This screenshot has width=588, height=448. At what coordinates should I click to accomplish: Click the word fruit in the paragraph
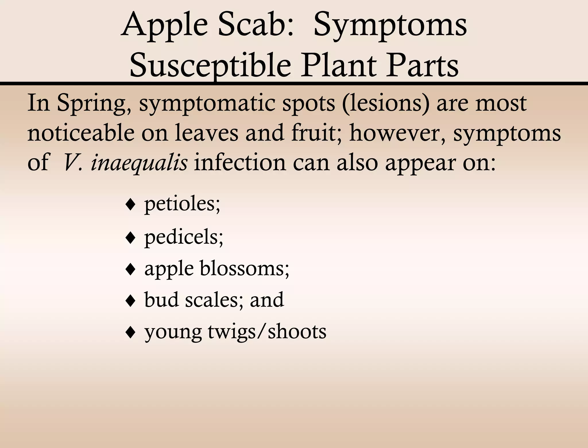pos(317,133)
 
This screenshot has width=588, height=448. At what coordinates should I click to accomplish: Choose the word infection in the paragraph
pos(240,163)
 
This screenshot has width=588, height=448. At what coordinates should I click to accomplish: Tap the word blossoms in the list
pos(244,269)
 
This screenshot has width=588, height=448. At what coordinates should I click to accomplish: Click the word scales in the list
pos(214,300)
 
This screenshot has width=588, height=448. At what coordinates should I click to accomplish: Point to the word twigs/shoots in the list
pos(267,332)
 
